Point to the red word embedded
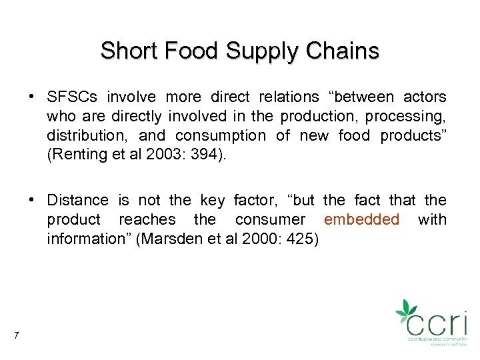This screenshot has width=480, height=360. [361, 219]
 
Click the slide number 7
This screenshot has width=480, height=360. [15, 335]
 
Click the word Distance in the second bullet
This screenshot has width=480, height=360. [77, 200]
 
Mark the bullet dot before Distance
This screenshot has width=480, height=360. [32, 200]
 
